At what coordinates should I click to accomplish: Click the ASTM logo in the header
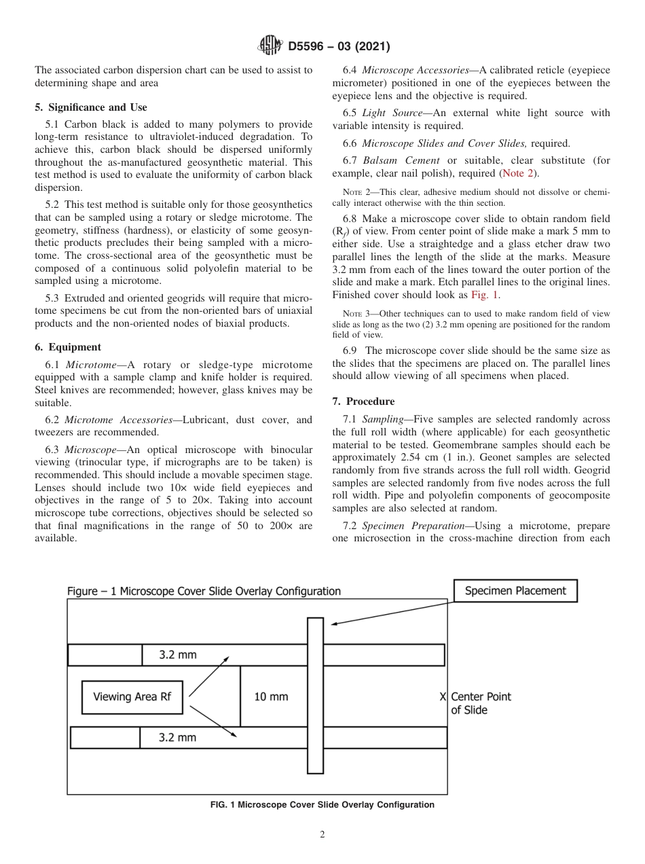270,46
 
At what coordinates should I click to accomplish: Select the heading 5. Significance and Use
90,107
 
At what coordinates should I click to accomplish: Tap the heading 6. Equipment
68,346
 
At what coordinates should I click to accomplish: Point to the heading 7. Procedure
363,401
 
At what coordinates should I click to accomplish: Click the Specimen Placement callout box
515,591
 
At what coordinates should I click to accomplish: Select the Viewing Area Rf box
132,697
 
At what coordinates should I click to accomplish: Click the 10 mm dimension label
271,697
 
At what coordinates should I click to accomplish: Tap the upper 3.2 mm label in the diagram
178,655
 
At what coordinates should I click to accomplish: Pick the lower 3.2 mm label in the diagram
177,738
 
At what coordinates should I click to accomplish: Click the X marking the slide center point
443,697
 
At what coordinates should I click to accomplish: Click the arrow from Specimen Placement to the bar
387,609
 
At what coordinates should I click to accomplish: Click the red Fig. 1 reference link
485,295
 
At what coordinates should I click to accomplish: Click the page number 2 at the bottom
322,835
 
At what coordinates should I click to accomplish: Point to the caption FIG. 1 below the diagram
322,805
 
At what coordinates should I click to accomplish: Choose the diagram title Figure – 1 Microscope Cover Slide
204,591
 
